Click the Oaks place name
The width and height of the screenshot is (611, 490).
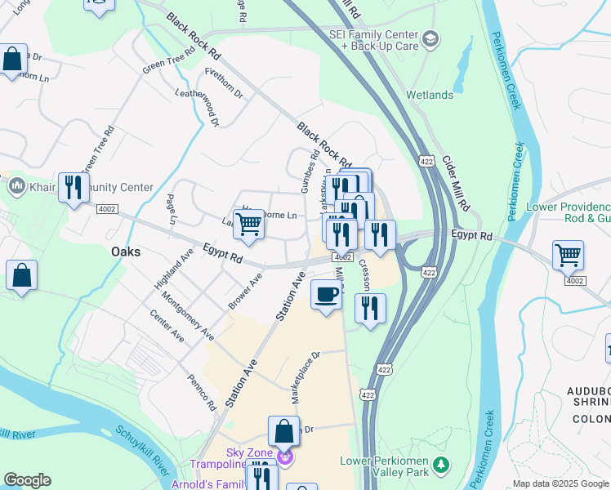tap(126, 252)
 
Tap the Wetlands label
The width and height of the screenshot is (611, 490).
tap(429, 96)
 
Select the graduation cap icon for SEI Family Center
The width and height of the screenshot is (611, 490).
tap(430, 38)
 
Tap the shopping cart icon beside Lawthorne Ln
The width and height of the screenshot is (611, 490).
tap(249, 223)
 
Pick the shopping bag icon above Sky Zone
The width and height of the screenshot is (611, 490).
tap(283, 430)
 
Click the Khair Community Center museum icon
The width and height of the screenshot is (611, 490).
tap(16, 187)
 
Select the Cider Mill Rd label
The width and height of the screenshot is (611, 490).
tap(455, 181)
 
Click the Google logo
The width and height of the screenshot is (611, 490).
tap(28, 480)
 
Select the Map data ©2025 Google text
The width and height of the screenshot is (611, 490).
tap(560, 483)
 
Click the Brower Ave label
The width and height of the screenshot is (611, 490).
tap(244, 292)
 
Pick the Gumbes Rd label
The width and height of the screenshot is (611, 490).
tap(310, 171)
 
